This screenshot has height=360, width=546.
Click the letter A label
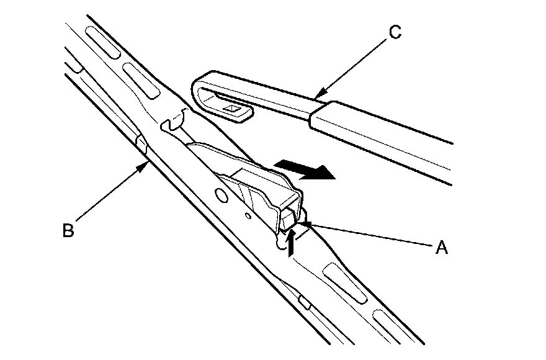click(x=441, y=248)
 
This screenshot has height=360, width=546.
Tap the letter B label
click(x=68, y=230)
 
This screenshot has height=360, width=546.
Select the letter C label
click(x=394, y=32)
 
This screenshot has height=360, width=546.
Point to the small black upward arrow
click(x=292, y=240)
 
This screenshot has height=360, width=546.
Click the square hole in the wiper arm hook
click(x=233, y=109)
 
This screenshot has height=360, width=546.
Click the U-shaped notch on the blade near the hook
click(x=174, y=120)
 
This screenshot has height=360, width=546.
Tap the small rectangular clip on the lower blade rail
click(x=303, y=302)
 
